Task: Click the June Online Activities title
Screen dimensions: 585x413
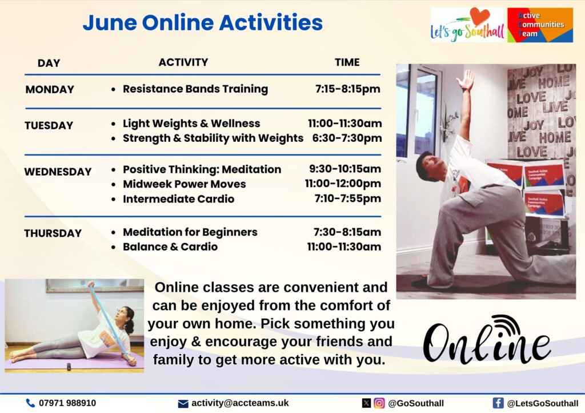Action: tap(203, 23)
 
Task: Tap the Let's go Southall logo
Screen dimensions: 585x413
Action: tap(467, 25)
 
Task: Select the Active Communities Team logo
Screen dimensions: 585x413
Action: tap(540, 25)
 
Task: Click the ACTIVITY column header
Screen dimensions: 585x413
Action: tap(183, 62)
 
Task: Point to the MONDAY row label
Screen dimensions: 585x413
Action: tap(50, 90)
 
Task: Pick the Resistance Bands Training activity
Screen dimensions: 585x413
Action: tap(195, 89)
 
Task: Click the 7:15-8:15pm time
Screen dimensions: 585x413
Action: tap(348, 89)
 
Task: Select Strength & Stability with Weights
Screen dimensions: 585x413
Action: tap(213, 138)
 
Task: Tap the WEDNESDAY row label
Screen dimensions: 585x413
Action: tap(58, 172)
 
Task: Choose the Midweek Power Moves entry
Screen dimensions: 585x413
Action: tap(185, 184)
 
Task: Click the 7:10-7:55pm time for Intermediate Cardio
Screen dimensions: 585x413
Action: tap(348, 198)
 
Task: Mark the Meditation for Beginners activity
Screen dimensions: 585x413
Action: tap(190, 232)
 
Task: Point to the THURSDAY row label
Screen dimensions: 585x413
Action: tap(53, 233)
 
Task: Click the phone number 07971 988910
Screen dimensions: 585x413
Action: tap(67, 403)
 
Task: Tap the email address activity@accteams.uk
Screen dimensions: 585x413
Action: tap(240, 403)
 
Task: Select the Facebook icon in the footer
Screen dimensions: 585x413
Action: tap(498, 403)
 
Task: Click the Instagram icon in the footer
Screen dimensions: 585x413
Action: tap(379, 403)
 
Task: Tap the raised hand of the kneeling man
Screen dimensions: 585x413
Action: tap(466, 80)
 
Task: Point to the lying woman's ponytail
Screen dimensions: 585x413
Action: tap(130, 326)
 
